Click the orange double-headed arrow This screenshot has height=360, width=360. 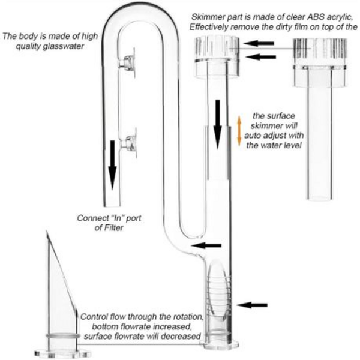[239, 130]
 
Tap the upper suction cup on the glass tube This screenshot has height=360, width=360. [127, 62]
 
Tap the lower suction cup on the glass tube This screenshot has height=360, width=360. [127, 143]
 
